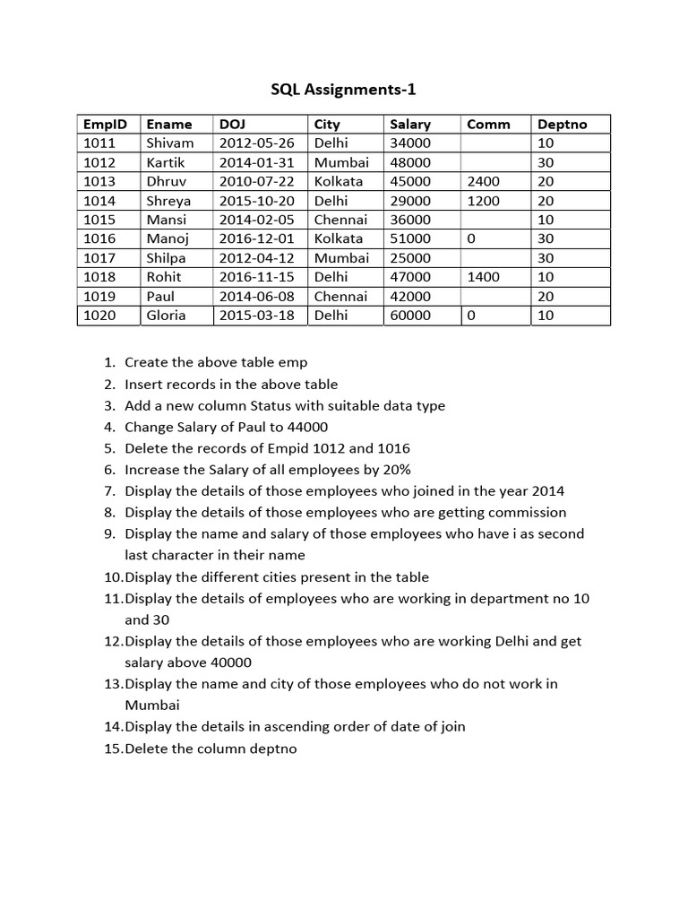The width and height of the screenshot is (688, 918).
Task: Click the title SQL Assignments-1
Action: pyautogui.click(x=344, y=90)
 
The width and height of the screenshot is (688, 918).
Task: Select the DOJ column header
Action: pyautogui.click(x=231, y=125)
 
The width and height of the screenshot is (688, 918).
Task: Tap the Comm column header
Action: pyautogui.click(x=488, y=125)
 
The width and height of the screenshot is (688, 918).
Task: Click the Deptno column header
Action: pyautogui.click(x=562, y=125)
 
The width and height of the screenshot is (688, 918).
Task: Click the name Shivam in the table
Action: pyautogui.click(x=169, y=143)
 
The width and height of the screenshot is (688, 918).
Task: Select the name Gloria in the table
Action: pyautogui.click(x=166, y=316)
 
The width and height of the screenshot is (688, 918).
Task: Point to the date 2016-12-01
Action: pyautogui.click(x=256, y=239)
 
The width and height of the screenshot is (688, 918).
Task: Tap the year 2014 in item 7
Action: pyautogui.click(x=547, y=491)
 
